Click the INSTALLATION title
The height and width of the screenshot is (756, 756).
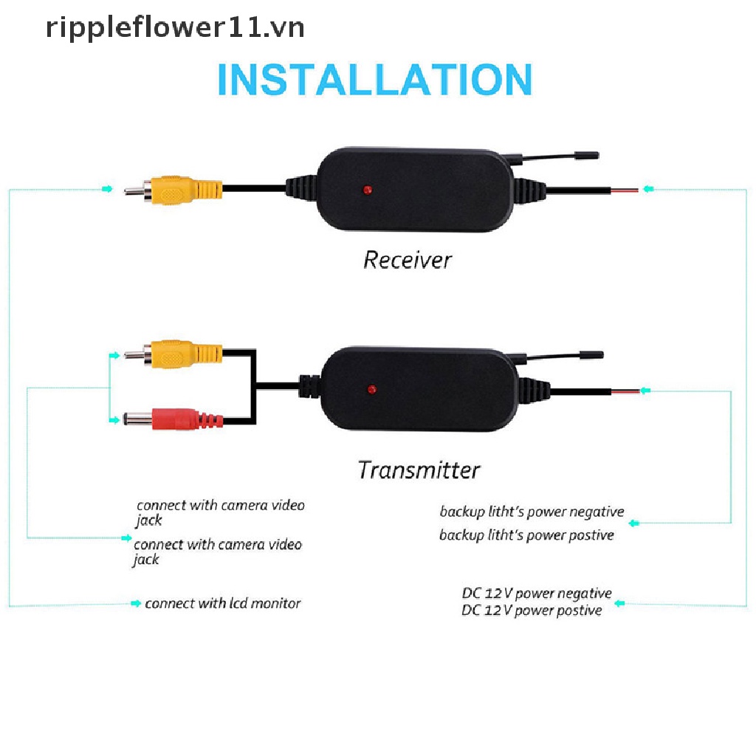(x=375, y=79)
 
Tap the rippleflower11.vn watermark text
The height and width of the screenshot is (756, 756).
(x=175, y=27)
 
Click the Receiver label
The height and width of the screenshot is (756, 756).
(x=408, y=261)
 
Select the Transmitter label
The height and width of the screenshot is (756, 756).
(x=419, y=470)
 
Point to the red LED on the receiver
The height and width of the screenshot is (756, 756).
(x=368, y=190)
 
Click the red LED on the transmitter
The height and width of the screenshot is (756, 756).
(x=372, y=390)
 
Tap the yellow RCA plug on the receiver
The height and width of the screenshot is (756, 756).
(x=173, y=190)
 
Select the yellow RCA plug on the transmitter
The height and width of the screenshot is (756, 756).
(x=173, y=354)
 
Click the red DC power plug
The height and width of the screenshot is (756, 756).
(x=173, y=419)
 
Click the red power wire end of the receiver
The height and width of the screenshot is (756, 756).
(x=625, y=190)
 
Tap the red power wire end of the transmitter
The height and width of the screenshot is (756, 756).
(x=626, y=391)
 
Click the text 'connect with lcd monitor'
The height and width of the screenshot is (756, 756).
(x=223, y=603)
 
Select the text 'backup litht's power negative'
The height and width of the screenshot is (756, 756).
(x=532, y=512)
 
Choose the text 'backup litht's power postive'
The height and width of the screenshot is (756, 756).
(x=526, y=535)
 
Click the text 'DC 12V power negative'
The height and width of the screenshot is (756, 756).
(x=537, y=593)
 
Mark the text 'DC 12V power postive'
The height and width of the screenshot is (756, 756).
(x=532, y=611)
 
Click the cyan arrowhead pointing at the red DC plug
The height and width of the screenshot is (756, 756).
(x=114, y=420)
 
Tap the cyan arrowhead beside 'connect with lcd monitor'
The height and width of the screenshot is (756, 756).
(x=136, y=603)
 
